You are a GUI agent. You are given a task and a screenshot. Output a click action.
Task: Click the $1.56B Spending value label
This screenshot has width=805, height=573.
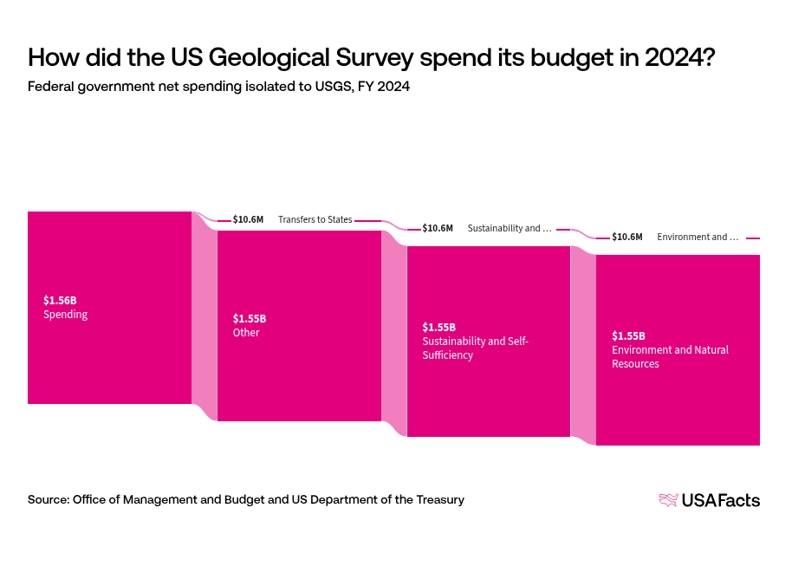(x=60, y=300)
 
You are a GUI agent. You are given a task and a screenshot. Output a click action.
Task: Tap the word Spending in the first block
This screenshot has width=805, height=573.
(x=66, y=315)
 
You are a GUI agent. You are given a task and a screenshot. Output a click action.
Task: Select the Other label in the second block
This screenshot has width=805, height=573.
(x=246, y=332)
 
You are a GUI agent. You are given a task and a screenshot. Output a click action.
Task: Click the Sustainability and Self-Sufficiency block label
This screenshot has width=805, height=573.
(x=475, y=348)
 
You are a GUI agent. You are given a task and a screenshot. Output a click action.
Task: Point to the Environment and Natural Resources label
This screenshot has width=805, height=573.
(x=670, y=356)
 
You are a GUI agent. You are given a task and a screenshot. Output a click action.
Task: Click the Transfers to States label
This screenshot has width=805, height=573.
(x=315, y=219)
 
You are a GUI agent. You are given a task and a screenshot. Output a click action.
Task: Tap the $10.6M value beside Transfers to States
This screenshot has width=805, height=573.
(x=248, y=219)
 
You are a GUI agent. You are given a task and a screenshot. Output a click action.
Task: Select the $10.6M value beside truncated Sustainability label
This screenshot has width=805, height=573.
(x=438, y=228)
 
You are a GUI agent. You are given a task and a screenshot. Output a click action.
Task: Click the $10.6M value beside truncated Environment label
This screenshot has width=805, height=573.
(x=627, y=237)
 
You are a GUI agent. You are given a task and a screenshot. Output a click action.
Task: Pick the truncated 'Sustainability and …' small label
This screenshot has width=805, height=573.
(x=510, y=228)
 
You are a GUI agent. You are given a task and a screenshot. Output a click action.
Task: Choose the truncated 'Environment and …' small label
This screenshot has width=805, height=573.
(x=698, y=237)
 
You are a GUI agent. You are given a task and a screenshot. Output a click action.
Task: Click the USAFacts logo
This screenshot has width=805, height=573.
(x=709, y=499)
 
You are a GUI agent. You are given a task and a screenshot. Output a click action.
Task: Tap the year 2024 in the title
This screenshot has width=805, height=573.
(x=678, y=57)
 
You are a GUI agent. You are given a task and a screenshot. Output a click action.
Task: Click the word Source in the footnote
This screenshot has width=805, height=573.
(x=47, y=499)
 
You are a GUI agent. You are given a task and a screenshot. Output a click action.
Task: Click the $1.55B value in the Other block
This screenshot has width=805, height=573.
(x=250, y=318)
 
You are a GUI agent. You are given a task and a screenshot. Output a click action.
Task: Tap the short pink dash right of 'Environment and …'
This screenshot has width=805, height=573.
(x=752, y=238)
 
